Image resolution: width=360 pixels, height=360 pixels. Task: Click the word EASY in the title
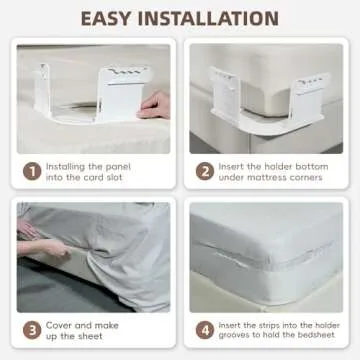tap(114, 18)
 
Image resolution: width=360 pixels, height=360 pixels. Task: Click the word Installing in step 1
tap(68, 164)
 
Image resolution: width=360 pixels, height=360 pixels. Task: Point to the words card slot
tap(102, 177)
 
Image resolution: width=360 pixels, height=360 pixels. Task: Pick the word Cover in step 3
tap(59, 324)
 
